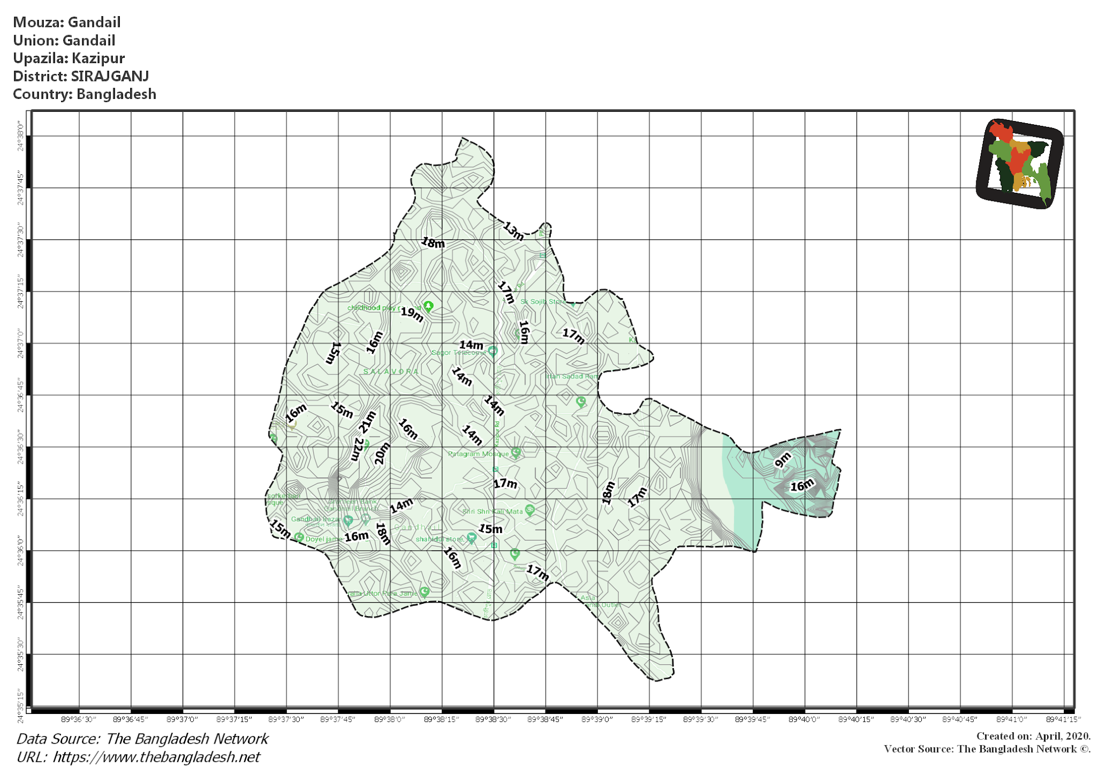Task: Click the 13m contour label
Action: [x=514, y=231]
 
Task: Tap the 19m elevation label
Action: [x=412, y=314]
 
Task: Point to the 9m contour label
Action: [x=783, y=460]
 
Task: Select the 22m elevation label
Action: [x=356, y=449]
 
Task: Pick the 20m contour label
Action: [x=382, y=454]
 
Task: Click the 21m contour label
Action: [x=367, y=422]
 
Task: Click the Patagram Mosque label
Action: [x=478, y=454]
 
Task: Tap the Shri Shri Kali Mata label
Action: [x=493, y=511]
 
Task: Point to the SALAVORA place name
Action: [x=390, y=372]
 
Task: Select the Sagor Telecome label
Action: [x=458, y=353]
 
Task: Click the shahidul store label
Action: [x=439, y=539]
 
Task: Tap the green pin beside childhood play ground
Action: [x=428, y=307]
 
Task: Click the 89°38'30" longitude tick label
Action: [x=493, y=719]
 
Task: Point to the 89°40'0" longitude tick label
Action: [x=804, y=719]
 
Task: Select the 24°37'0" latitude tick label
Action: [x=21, y=343]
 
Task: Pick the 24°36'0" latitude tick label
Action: [x=21, y=551]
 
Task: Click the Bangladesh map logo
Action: [x=1020, y=163]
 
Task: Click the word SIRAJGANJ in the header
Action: [x=110, y=76]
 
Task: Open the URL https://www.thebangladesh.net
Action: [x=156, y=757]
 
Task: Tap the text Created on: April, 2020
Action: [x=1033, y=736]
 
